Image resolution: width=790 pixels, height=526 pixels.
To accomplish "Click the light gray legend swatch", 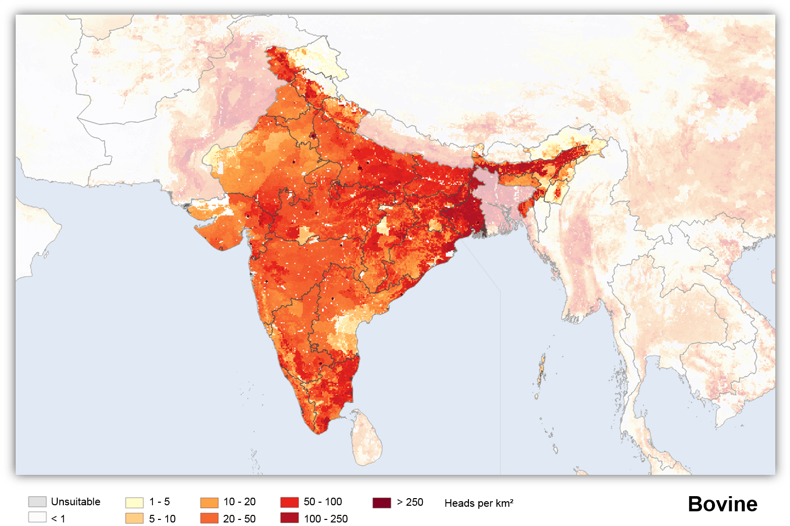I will (x=37, y=502).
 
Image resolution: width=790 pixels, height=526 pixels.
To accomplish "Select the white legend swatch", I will (x=37, y=517).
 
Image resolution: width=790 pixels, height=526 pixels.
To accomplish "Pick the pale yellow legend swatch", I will (x=134, y=503).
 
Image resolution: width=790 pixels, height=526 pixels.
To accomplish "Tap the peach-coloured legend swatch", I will (x=134, y=518).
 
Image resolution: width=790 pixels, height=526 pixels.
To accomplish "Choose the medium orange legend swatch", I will (x=209, y=503).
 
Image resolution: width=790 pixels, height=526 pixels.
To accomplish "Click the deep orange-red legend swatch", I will (x=209, y=518).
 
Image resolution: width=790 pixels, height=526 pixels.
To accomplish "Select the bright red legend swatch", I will (x=289, y=502).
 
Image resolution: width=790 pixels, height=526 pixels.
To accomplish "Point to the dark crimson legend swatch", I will (x=289, y=517).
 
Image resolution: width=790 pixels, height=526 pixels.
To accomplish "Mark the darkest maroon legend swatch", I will (x=382, y=503).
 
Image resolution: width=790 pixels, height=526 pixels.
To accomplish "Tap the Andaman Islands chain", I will (x=541, y=370).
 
